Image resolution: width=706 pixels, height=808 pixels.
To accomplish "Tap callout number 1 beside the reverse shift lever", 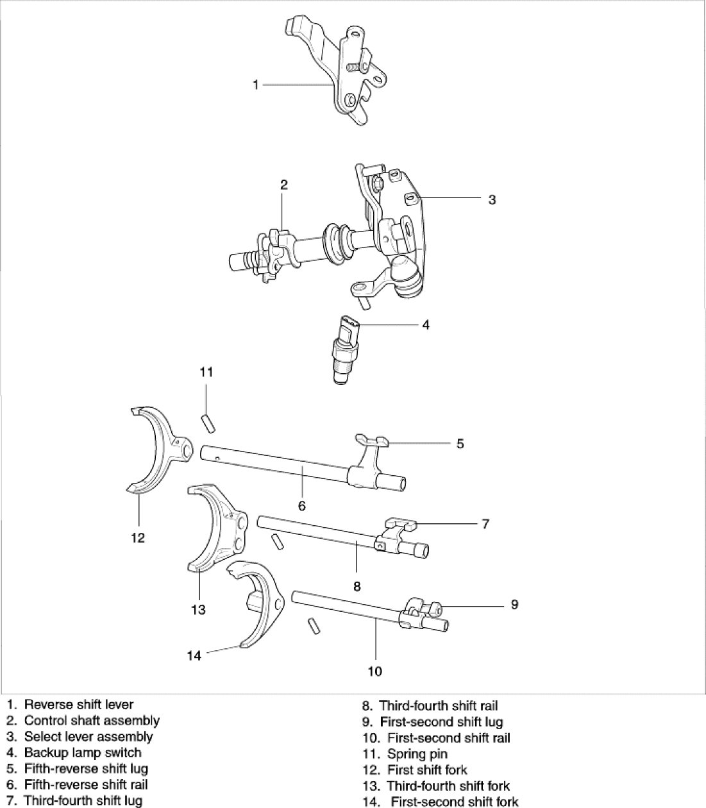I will (255, 84).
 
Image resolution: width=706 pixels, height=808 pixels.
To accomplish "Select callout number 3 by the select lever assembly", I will (492, 199).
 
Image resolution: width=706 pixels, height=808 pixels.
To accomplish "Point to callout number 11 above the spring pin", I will (206, 372).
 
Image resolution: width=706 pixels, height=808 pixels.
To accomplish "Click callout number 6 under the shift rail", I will (302, 506).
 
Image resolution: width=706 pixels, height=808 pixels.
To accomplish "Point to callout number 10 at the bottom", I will (375, 671).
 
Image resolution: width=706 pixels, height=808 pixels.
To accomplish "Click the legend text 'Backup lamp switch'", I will (82, 752).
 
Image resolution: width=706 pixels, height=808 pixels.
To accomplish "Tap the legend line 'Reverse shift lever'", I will (78, 705).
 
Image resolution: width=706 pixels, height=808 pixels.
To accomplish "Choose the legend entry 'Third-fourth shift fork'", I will (448, 786).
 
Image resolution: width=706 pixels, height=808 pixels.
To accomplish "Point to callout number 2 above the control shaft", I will (283, 185).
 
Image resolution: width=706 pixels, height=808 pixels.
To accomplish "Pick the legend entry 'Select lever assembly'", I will (88, 736).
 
